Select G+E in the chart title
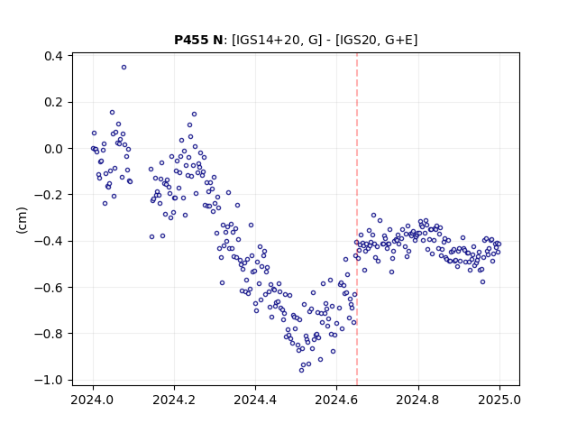(x=398, y=40)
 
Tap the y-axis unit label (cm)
(x=22, y=220)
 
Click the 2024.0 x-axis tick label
(x=93, y=400)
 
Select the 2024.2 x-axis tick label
(x=174, y=400)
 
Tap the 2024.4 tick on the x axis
(x=255, y=400)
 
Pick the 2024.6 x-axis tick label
(x=336, y=400)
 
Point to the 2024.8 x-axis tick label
(x=417, y=400)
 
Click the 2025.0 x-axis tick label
(x=499, y=400)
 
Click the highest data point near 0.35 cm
(x=124, y=67)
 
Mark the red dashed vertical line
(x=357, y=219)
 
